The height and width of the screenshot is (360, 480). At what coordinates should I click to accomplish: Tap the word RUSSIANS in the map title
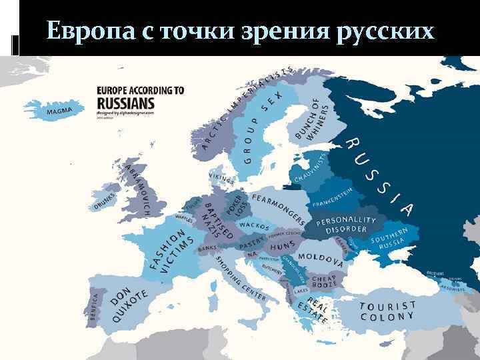pos(125,103)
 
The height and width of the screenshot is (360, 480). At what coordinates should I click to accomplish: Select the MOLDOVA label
pos(320,258)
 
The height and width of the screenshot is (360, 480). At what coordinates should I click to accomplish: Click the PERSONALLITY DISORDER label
pos(347,225)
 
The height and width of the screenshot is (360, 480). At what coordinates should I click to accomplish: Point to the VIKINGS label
pos(222,179)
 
